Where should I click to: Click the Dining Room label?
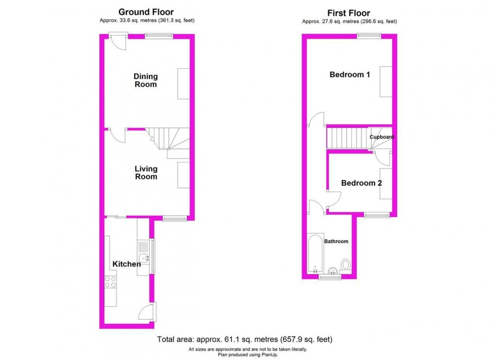pos(145,80)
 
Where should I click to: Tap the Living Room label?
pos(145,172)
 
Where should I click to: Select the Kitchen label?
pos(126,264)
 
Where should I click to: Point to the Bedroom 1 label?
pos(350,75)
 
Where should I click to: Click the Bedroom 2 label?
pos(361,183)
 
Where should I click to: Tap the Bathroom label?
pos(336,242)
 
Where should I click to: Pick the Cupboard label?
pos(381,137)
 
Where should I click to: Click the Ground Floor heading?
pos(146,12)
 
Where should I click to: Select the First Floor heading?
pos(349,13)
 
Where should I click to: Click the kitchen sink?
pos(144,258)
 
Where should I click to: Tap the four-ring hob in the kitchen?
pos(110,282)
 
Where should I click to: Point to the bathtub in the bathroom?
pos(314,253)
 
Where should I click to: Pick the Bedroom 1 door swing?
pos(317,119)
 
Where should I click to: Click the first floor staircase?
pos(347,138)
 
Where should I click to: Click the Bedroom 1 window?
pos(368,35)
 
